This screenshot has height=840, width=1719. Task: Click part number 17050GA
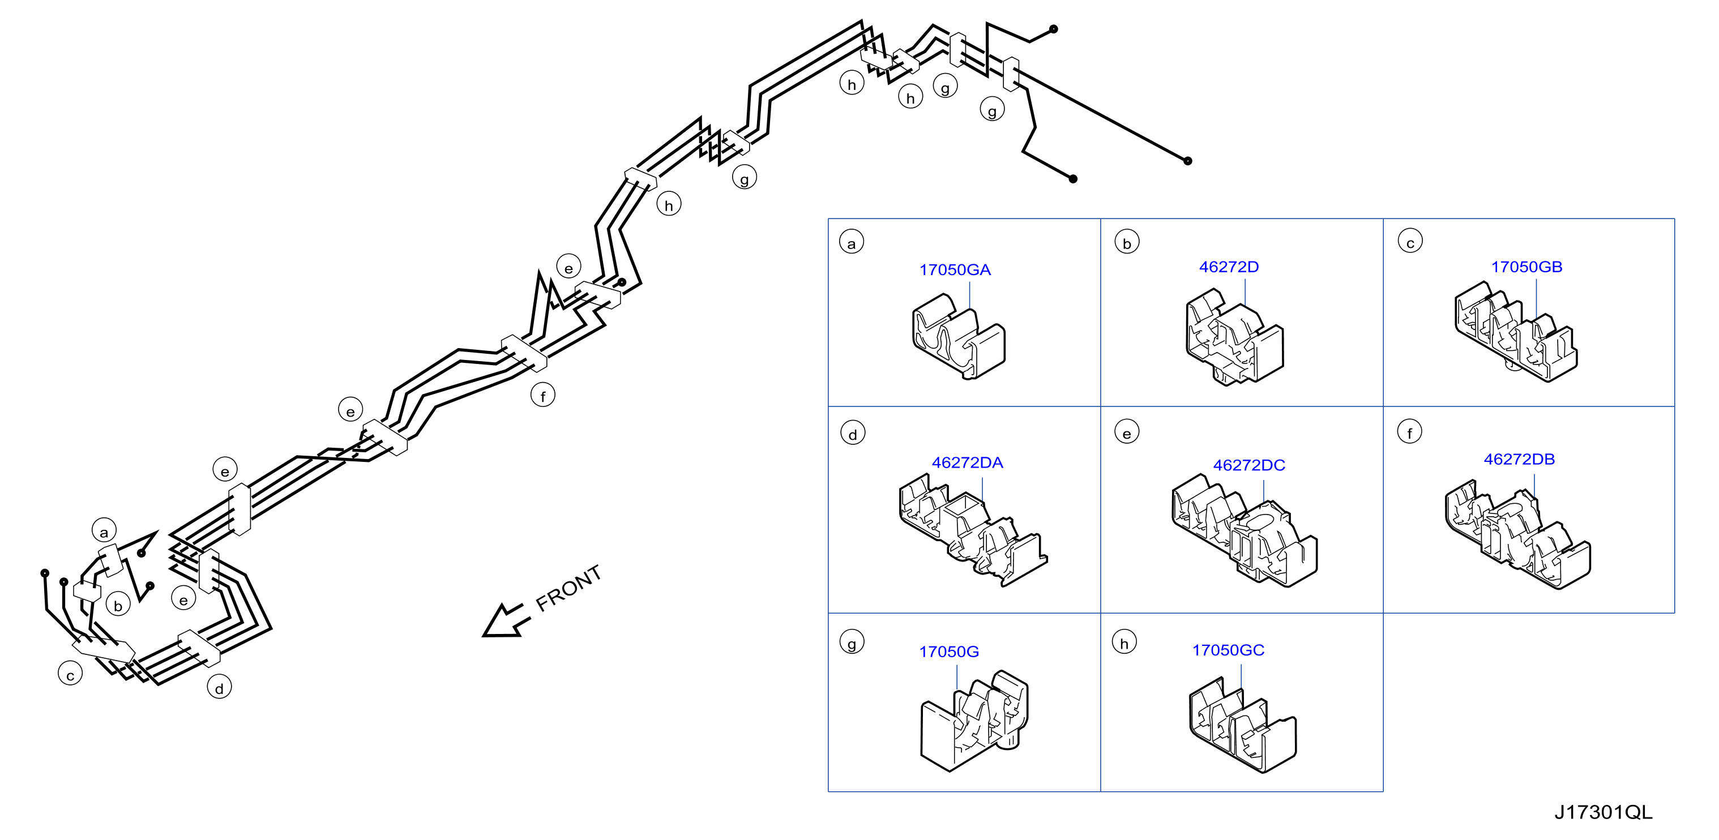(x=955, y=270)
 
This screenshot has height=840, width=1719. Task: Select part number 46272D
(x=1229, y=267)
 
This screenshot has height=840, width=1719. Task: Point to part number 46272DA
(x=967, y=462)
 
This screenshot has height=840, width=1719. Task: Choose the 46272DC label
(x=1248, y=465)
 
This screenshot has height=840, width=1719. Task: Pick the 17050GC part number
(x=1228, y=650)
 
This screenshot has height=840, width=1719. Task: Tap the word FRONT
(x=568, y=589)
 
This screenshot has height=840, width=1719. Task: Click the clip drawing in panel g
(x=974, y=721)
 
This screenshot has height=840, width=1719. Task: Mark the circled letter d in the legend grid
(x=852, y=433)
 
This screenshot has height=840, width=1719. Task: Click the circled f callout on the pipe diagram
(x=542, y=395)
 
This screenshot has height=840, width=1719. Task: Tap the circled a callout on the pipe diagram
(x=104, y=531)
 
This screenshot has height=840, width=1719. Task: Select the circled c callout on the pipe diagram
(x=70, y=674)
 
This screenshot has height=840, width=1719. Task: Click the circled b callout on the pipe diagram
(x=118, y=604)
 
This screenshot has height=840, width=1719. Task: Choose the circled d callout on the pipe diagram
(x=219, y=687)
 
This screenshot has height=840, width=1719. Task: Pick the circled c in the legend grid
(x=1410, y=242)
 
